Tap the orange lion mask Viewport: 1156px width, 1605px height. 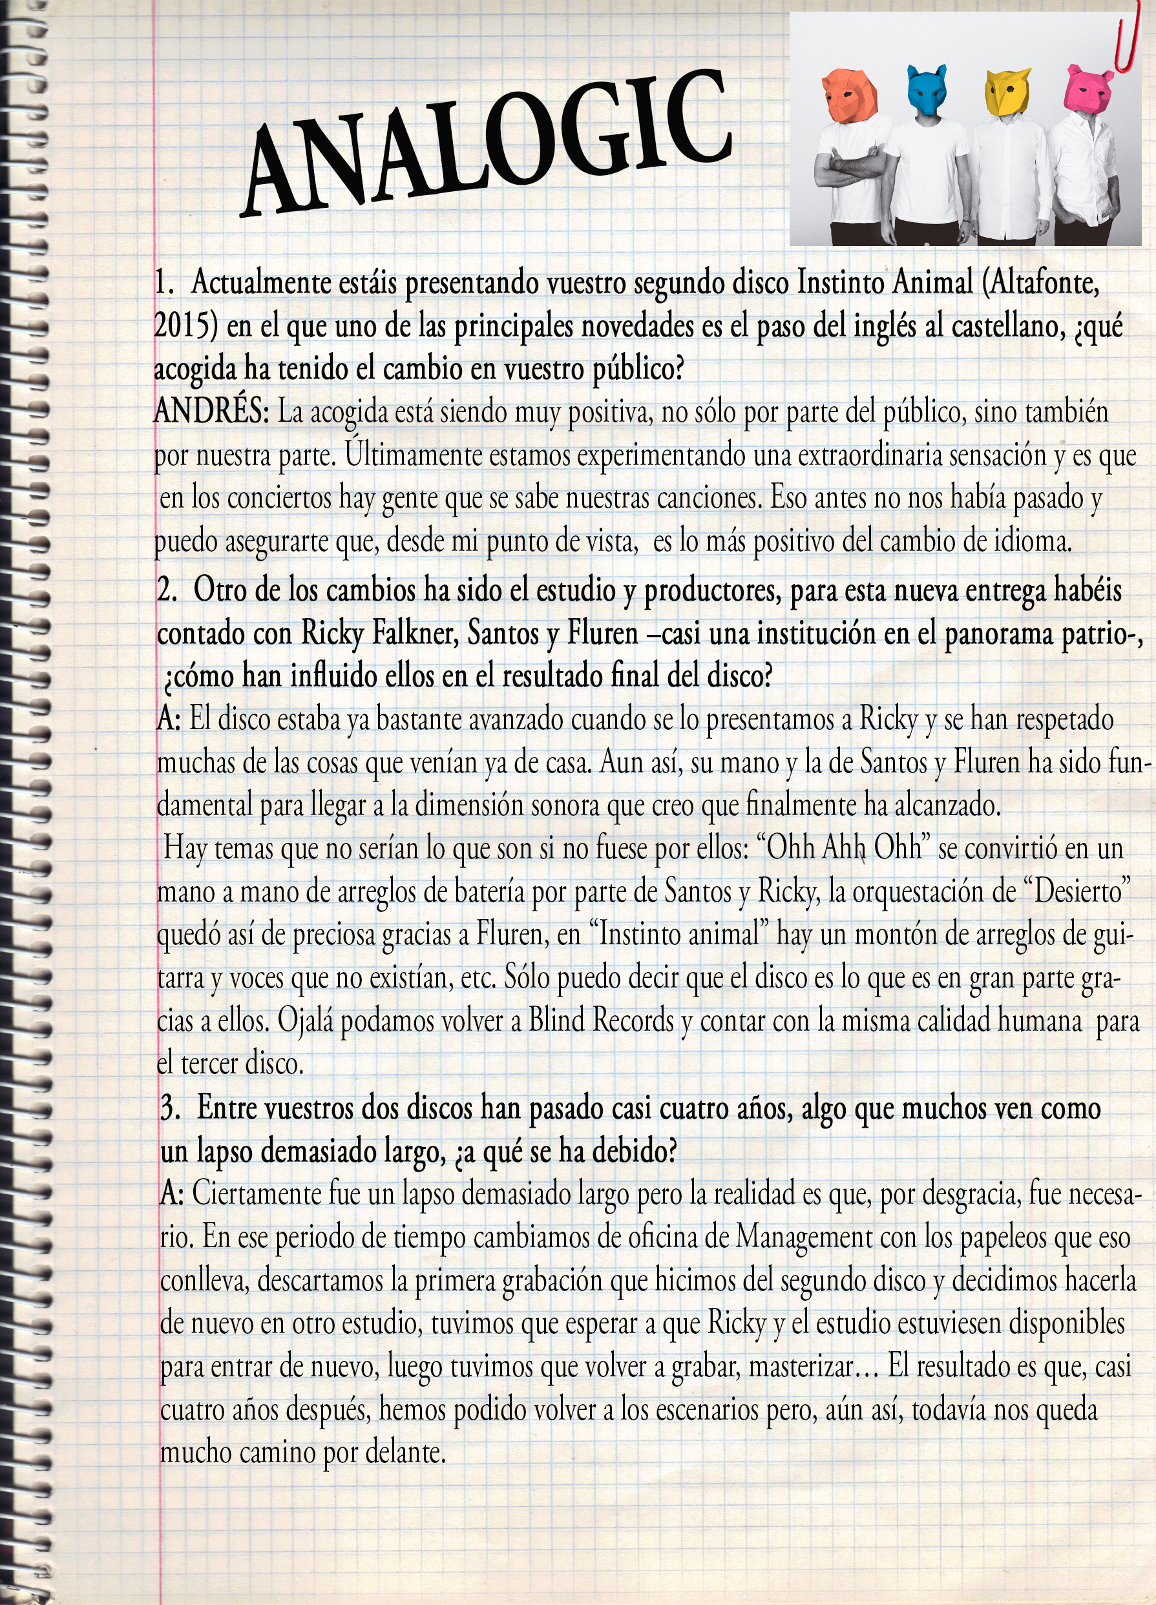point(850,96)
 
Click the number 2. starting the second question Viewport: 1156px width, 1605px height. point(168,590)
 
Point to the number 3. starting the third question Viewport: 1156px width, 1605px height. point(170,1108)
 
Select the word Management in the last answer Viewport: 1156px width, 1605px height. point(804,1237)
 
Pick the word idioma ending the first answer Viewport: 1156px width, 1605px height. point(1033,541)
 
